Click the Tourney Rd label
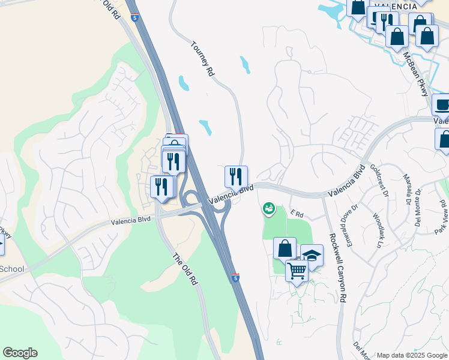click(x=202, y=58)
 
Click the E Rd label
click(x=297, y=212)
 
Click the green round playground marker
click(x=269, y=209)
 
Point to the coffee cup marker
click(x=442, y=105)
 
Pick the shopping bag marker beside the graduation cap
click(x=285, y=248)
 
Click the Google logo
click(x=20, y=353)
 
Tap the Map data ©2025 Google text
click(x=411, y=355)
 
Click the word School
click(x=12, y=269)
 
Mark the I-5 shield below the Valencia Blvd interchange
click(x=235, y=277)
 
